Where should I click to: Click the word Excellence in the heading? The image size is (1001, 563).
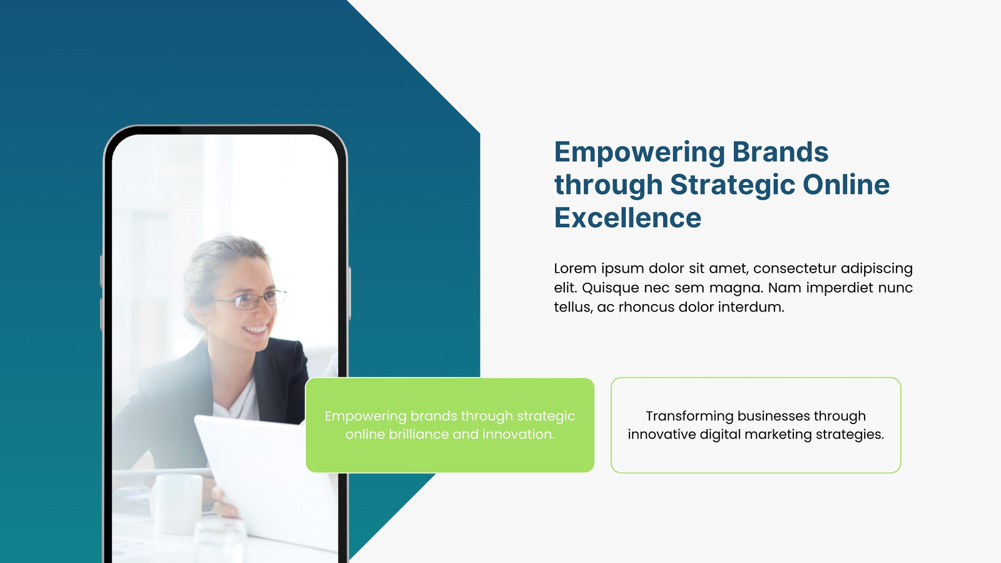point(628,218)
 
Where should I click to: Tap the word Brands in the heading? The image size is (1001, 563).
point(780,152)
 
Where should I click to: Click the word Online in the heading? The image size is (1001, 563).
point(846,185)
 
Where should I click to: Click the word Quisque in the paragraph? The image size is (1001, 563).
point(611,288)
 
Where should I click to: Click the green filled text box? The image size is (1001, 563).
point(450,425)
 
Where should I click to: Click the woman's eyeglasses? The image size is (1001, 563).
point(250,299)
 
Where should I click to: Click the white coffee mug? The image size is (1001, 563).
point(176,504)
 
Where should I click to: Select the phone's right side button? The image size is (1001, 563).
point(350,293)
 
